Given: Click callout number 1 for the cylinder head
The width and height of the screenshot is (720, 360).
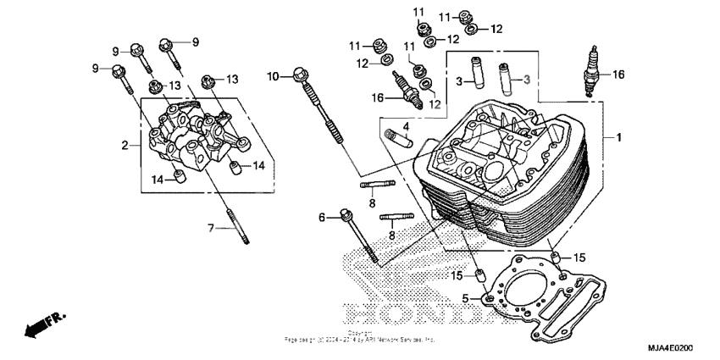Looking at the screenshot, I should [x=618, y=137].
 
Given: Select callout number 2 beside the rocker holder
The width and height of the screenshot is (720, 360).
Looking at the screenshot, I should [x=125, y=146].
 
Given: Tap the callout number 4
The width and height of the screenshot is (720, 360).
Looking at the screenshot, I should [x=406, y=127].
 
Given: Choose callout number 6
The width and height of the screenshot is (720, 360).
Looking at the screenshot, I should [x=322, y=218].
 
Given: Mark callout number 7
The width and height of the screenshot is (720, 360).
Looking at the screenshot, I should [x=211, y=228].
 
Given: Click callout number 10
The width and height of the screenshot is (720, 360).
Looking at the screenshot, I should [x=273, y=77].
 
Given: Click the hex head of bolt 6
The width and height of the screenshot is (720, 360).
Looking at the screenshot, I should [x=346, y=215].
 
